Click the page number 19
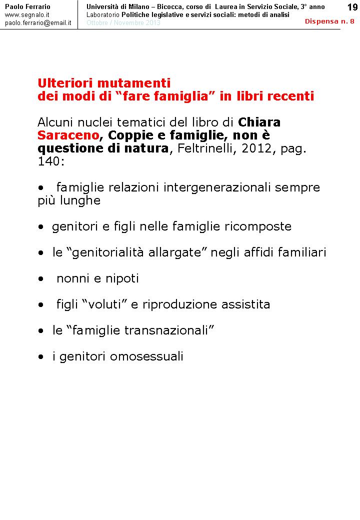point(351,6)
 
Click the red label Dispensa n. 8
point(329,21)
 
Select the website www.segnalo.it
point(27,15)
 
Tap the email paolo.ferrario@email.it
point(38,23)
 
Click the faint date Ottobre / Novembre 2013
point(123,23)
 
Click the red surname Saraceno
point(68,135)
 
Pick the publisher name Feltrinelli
point(208,148)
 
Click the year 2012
point(257,148)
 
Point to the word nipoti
point(122,278)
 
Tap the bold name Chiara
point(259,122)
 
